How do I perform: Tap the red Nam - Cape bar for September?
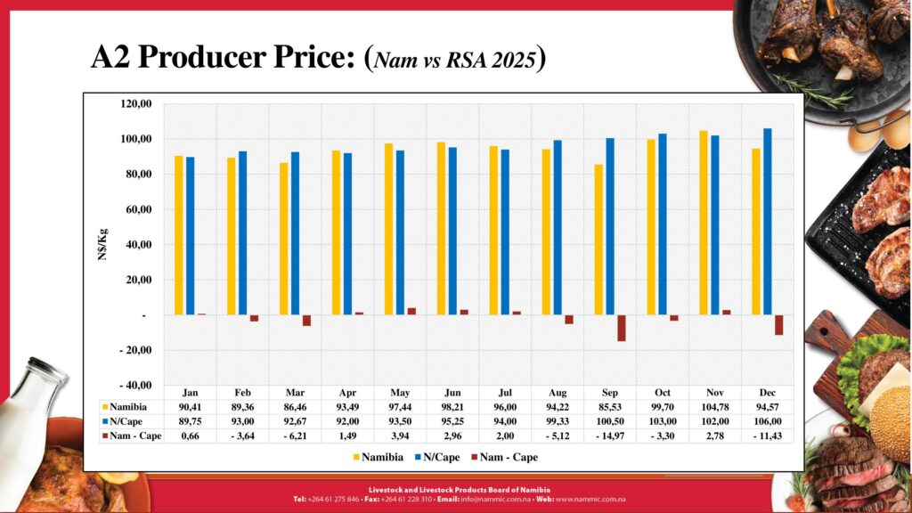click(621, 328)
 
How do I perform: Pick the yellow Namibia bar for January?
click(179, 235)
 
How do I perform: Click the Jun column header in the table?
click(452, 393)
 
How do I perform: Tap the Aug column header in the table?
click(557, 393)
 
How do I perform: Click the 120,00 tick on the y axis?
click(136, 104)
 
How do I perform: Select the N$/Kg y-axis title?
click(103, 245)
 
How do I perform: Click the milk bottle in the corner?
click(27, 419)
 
